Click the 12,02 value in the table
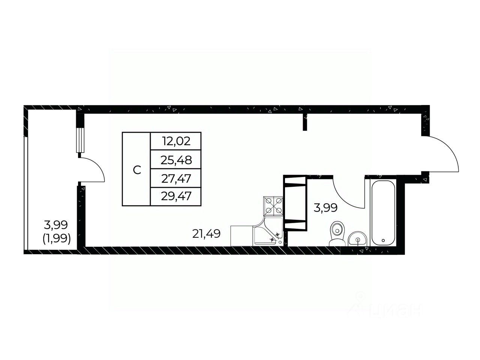coord(176,141)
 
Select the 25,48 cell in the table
coord(176,160)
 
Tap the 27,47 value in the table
coord(176,178)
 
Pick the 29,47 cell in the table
coord(176,196)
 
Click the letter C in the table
coord(137,170)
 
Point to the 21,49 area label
coord(206,234)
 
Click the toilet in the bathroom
coord(337,234)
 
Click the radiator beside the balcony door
coord(80,139)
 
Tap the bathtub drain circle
coord(383,240)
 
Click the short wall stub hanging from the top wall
coord(305,122)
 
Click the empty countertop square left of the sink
coord(241,236)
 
